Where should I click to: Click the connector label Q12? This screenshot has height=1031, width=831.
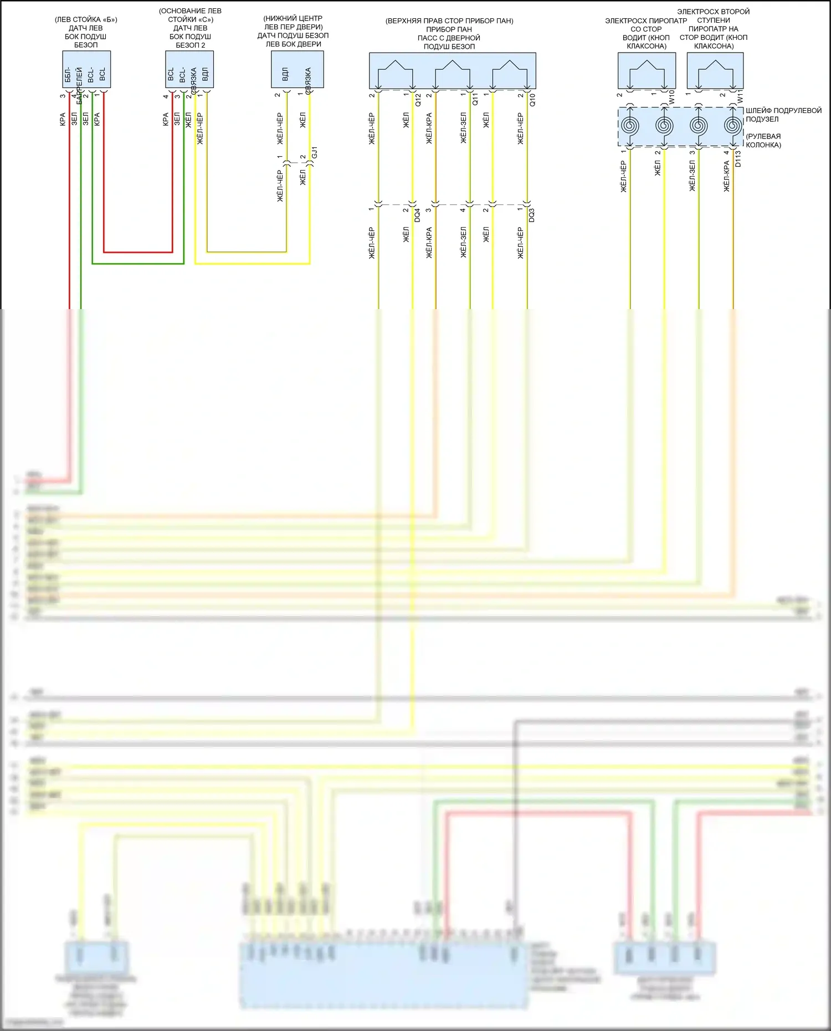click(x=418, y=100)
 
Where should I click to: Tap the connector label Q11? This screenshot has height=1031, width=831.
click(x=475, y=100)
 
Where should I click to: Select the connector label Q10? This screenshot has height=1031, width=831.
click(x=532, y=100)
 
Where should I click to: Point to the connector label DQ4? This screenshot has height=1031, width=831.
click(x=417, y=216)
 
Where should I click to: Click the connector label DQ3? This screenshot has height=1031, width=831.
click(x=532, y=216)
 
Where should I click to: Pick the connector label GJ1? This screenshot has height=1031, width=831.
click(x=314, y=153)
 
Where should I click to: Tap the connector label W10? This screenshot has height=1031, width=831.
click(x=671, y=98)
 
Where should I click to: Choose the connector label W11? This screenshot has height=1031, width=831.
click(x=740, y=98)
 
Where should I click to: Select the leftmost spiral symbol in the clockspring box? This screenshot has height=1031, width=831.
click(x=630, y=126)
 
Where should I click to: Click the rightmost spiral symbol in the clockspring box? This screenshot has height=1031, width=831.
click(x=733, y=126)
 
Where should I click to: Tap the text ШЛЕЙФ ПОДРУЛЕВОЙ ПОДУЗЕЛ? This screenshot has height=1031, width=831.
click(x=783, y=115)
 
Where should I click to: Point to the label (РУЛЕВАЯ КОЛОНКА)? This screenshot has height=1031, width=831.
click(x=763, y=141)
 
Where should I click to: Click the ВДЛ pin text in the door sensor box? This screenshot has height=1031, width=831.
click(x=285, y=74)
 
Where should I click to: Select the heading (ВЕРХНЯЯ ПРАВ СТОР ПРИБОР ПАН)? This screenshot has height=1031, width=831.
click(x=449, y=21)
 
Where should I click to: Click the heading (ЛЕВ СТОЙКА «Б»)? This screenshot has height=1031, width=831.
click(x=86, y=20)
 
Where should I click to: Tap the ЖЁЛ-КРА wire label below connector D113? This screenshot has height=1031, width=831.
click(x=726, y=177)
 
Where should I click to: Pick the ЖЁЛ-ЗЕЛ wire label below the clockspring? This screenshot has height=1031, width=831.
click(x=692, y=177)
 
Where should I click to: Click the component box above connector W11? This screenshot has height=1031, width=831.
click(x=715, y=70)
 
